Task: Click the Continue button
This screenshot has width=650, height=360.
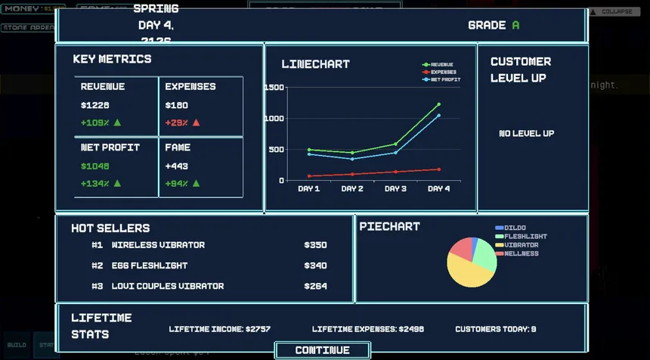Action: point(322,350)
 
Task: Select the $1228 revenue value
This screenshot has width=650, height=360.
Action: point(95,105)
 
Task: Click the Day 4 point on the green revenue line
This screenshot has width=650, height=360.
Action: point(438,104)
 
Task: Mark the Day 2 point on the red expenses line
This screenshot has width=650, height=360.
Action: point(352,174)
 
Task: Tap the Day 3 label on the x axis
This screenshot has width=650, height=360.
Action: point(395,188)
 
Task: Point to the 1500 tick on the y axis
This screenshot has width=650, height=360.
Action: point(274,88)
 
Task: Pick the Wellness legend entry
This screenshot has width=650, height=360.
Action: point(522,253)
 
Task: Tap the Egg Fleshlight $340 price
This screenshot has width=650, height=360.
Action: point(315,265)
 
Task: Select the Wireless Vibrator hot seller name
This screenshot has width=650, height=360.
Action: point(158,245)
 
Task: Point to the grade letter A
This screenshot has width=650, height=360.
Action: point(515,25)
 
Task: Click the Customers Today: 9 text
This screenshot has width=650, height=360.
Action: point(496,329)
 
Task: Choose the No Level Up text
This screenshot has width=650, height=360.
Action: point(526,133)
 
